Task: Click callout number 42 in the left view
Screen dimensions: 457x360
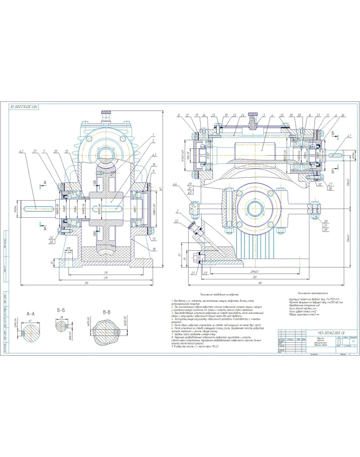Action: click(21, 151)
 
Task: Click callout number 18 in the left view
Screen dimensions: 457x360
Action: click(153, 249)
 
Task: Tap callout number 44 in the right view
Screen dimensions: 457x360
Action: click(175, 185)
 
